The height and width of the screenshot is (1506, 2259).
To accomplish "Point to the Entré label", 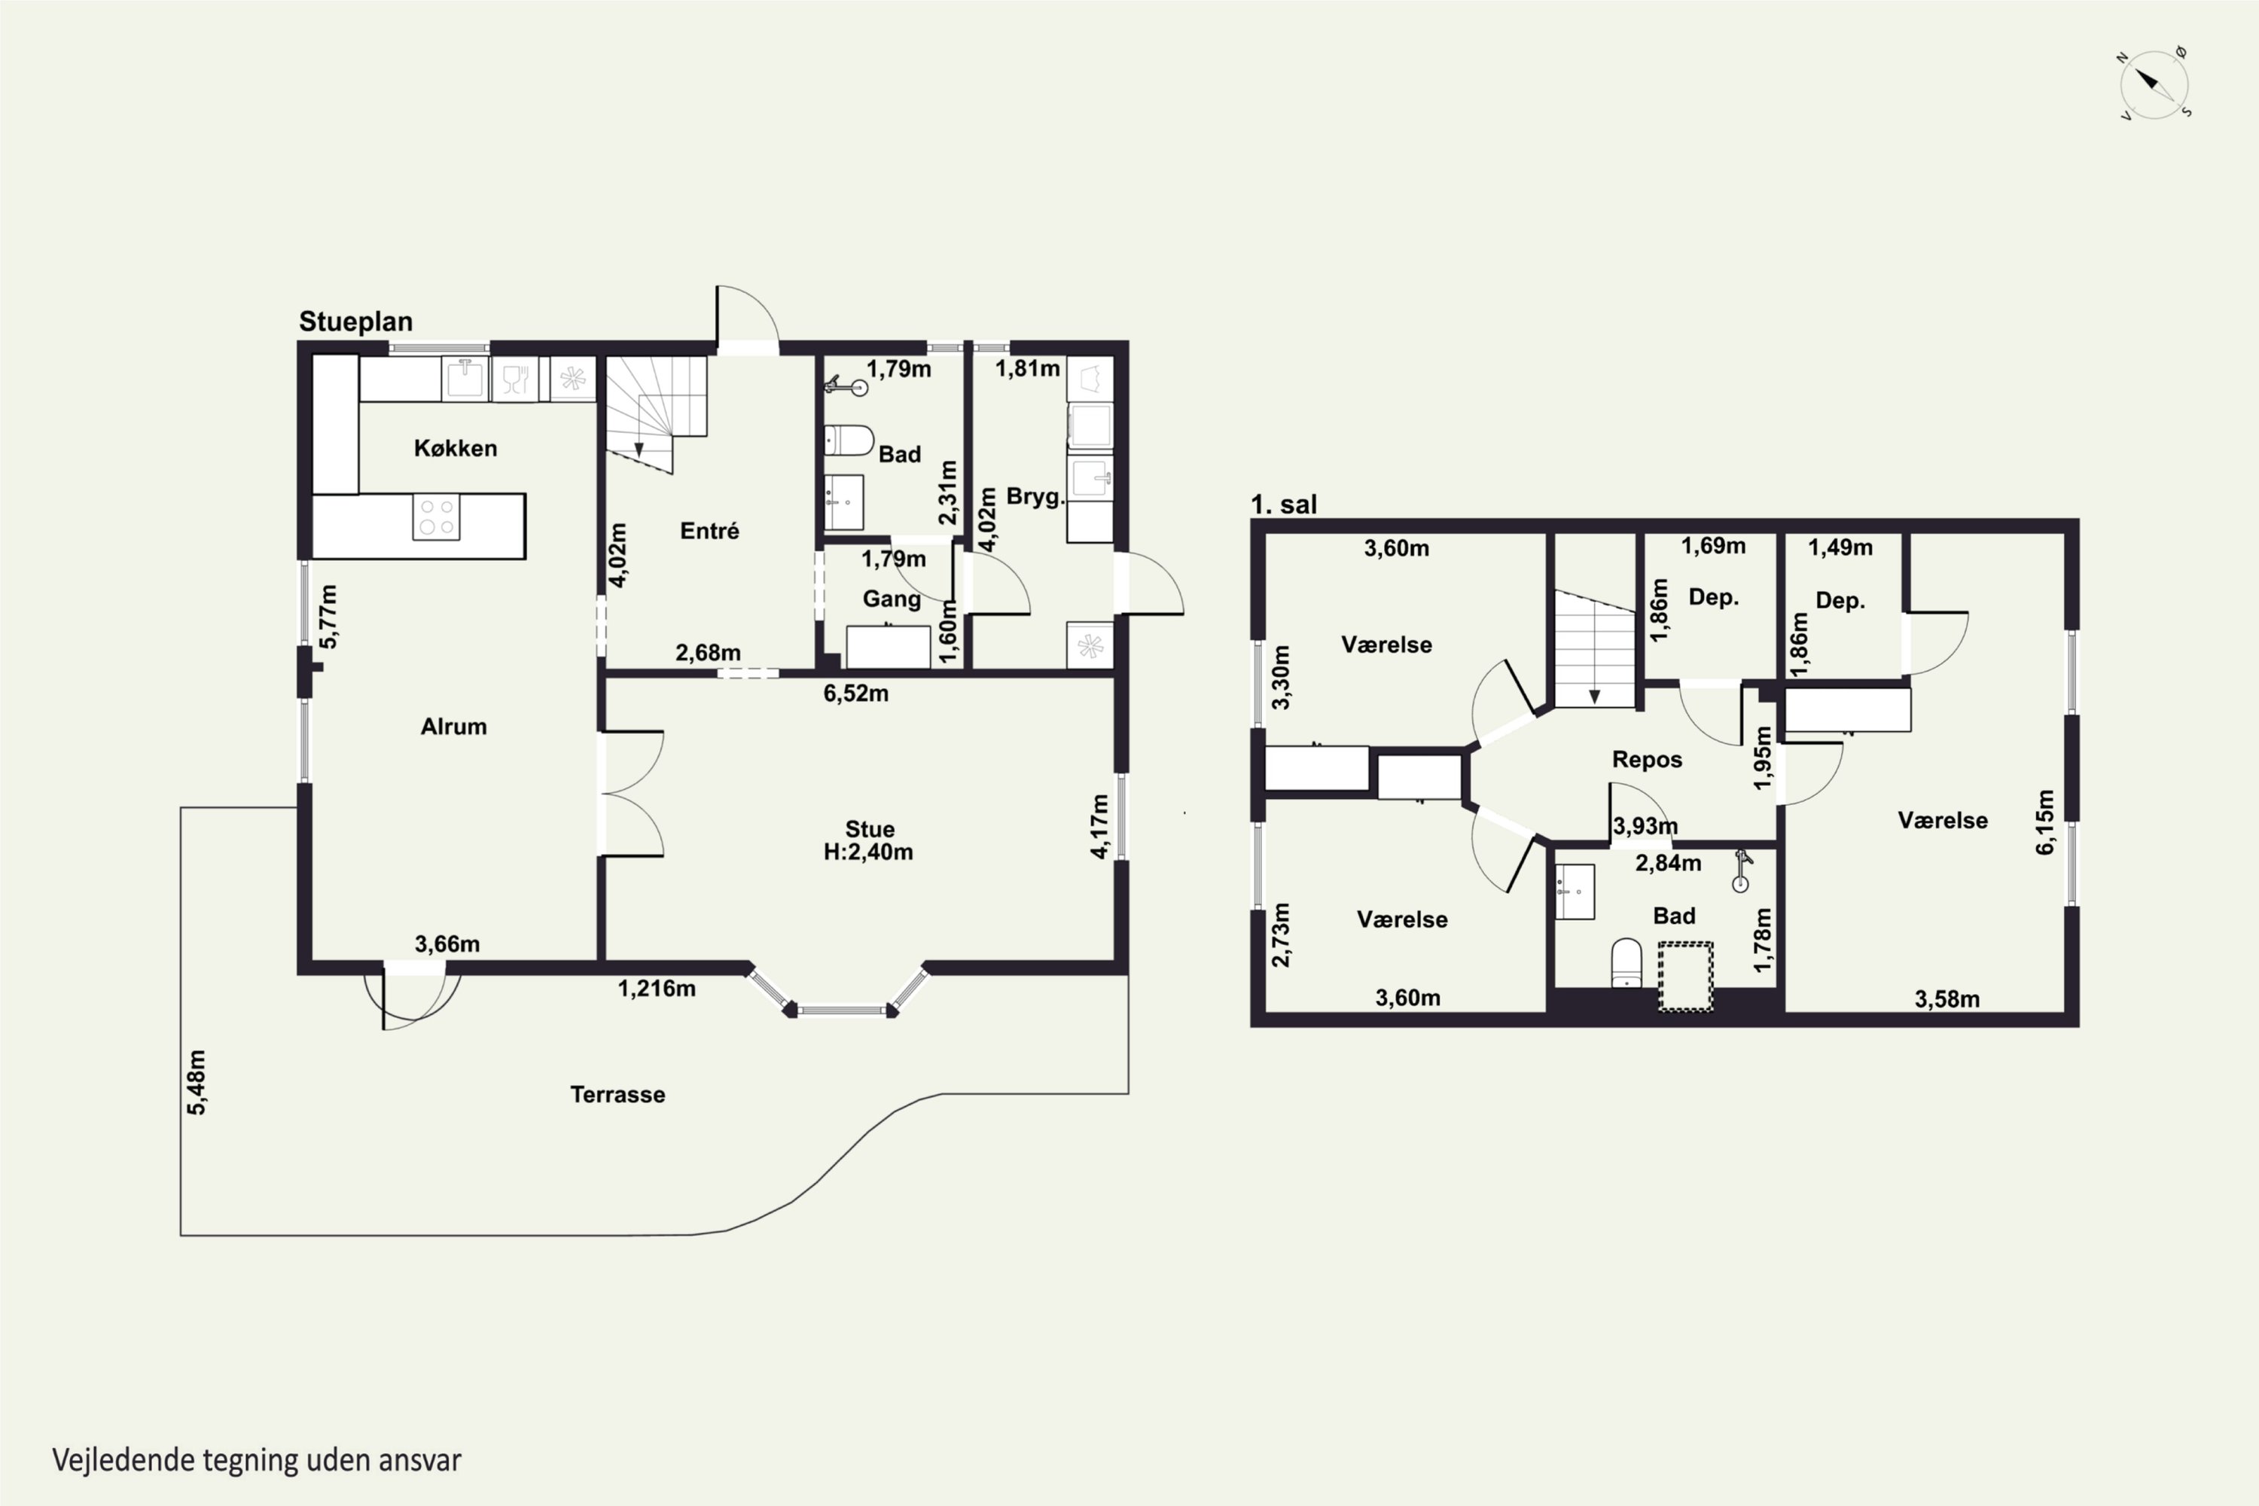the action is [710, 531].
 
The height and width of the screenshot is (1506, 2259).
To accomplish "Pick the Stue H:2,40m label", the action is [868, 840].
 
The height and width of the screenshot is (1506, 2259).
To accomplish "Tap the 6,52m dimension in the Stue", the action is [855, 693].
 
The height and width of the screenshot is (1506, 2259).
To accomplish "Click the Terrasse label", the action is [617, 1094].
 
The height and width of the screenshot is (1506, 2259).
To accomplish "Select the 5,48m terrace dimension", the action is [196, 1083].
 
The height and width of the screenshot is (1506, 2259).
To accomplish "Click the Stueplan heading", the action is [355, 322].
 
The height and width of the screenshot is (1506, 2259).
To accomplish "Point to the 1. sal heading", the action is [1283, 505].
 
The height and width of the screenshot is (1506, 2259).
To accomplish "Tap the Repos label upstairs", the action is [1648, 760].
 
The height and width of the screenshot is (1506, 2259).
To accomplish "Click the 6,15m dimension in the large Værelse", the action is [2045, 822].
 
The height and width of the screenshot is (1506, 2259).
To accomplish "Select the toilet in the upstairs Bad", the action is [1626, 962].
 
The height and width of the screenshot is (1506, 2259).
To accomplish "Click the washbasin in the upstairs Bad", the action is [1575, 892].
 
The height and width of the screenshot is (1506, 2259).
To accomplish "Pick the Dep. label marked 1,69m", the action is [1714, 597].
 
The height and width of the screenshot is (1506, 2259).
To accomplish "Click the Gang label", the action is [892, 599].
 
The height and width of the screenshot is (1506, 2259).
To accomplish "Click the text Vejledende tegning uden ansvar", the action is [257, 1460].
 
